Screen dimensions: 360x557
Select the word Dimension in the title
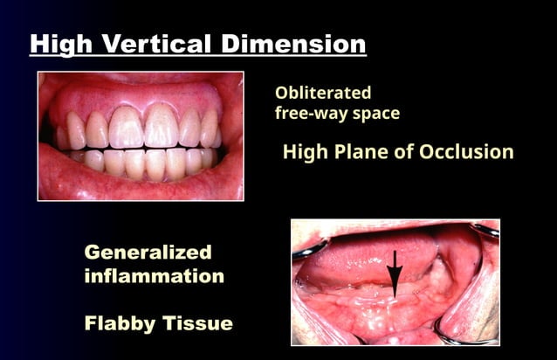(x=292, y=43)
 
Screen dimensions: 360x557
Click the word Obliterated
(x=323, y=93)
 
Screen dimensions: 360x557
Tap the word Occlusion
(x=470, y=151)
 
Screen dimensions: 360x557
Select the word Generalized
(x=148, y=253)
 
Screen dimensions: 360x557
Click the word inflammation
(x=155, y=276)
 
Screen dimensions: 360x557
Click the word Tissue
(x=197, y=323)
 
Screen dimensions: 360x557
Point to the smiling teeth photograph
(x=141, y=135)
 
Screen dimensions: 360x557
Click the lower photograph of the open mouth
(x=395, y=281)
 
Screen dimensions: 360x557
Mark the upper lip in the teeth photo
(x=140, y=90)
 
